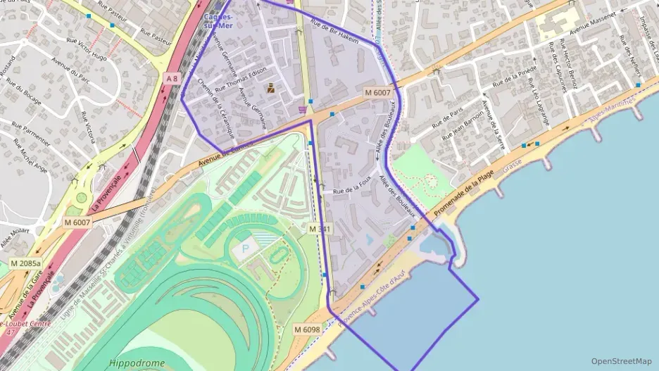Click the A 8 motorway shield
(172, 77)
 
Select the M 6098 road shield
(307, 329)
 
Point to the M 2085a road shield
(25, 263)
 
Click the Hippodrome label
(137, 363)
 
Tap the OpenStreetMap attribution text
(622, 361)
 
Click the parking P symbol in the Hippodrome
(246, 248)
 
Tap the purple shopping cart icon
(303, 110)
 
